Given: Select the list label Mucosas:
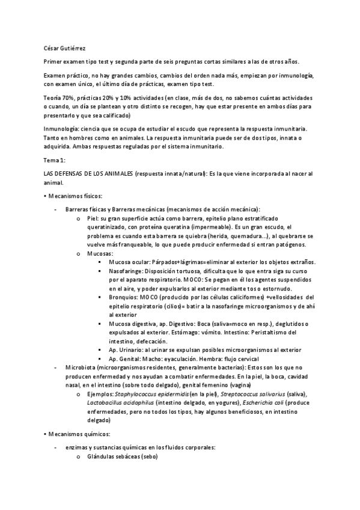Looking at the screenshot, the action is [x=100, y=253].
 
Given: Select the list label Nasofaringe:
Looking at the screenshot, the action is [x=127, y=271].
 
